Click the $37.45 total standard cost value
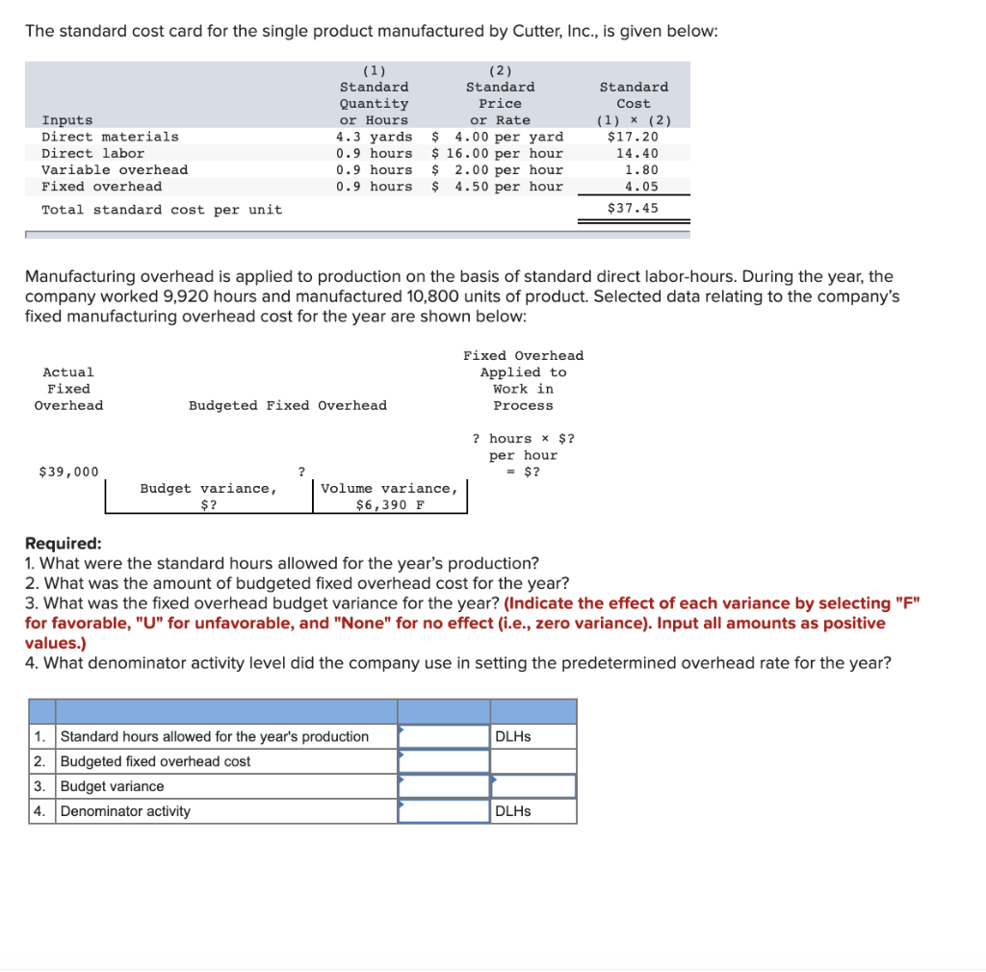tap(633, 208)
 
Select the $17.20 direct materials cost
tap(633, 137)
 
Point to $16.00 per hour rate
tap(498, 153)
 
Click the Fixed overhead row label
tap(101, 186)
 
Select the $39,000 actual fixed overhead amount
tap(68, 471)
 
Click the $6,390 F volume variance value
tap(390, 504)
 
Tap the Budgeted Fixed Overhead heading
tap(287, 405)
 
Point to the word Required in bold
tap(63, 543)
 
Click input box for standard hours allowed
tap(444, 736)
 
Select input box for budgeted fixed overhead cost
tap(444, 761)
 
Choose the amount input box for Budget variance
tap(444, 786)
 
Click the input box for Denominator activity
tap(444, 811)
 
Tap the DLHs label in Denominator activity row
tap(513, 811)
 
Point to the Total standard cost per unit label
tap(162, 209)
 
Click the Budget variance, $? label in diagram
tap(209, 497)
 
